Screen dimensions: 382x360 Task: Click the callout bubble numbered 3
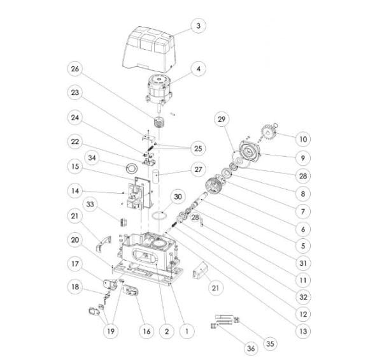pos(198,25)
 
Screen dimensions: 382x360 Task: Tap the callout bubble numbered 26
pos(74,69)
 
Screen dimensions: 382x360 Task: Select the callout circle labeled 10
pos(303,139)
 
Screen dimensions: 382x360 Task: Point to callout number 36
pos(251,349)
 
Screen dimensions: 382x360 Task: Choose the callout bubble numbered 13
pos(303,331)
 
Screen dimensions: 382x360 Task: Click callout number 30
pos(178,197)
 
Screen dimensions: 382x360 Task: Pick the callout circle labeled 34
pos(92,158)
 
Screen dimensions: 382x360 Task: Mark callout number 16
pos(146,331)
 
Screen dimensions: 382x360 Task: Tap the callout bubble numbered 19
pos(111,331)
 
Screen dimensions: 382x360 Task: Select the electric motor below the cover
pos(159,90)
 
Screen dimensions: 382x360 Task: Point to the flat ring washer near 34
pos(132,168)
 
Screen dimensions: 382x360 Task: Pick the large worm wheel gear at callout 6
pos(213,185)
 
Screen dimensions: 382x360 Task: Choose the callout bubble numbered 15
pos(75,166)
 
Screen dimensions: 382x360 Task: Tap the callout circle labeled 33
pos(90,205)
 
